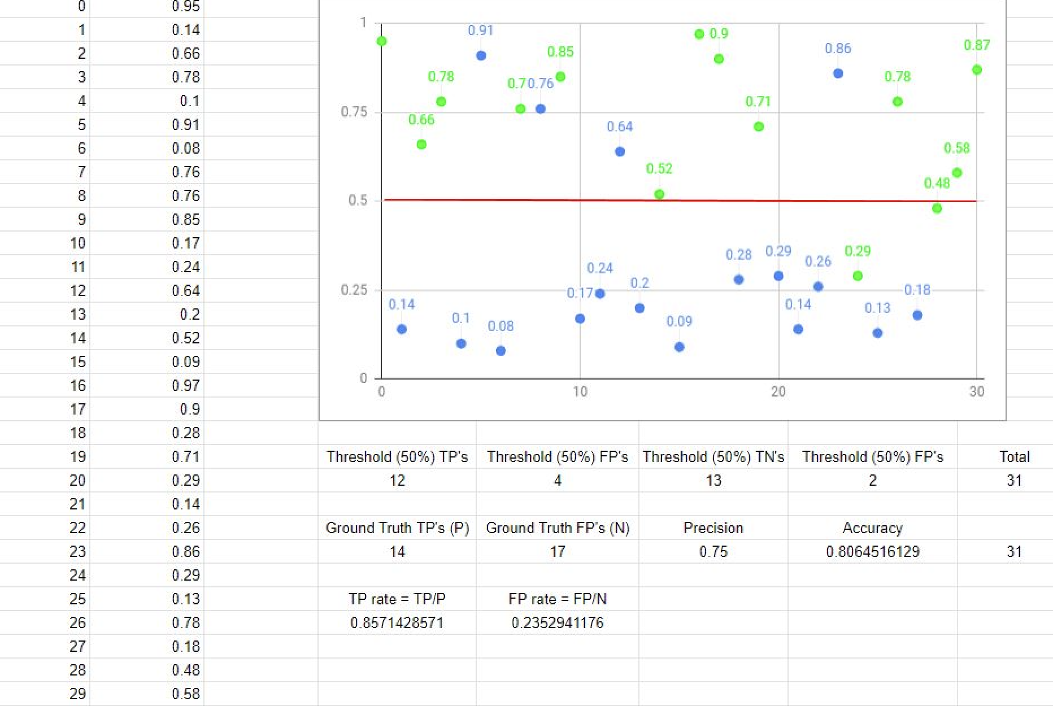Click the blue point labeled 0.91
pyautogui.click(x=481, y=55)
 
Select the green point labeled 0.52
pyautogui.click(x=659, y=194)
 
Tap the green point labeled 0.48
pyautogui.click(x=937, y=208)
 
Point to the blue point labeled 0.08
pyautogui.click(x=501, y=351)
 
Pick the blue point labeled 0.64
pyautogui.click(x=620, y=151)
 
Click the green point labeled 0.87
pyautogui.click(x=977, y=70)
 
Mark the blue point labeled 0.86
pyautogui.click(x=838, y=73)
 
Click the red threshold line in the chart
pyautogui.click(x=508, y=200)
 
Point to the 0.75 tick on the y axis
pyautogui.click(x=354, y=112)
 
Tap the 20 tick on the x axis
pyautogui.click(x=778, y=392)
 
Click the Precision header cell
pyautogui.click(x=713, y=528)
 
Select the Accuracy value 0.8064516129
pyautogui.click(x=872, y=552)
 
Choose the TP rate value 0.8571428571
pyautogui.click(x=397, y=623)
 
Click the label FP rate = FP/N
pyautogui.click(x=557, y=599)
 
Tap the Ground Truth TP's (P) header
pyautogui.click(x=397, y=528)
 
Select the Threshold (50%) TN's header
pyautogui.click(x=713, y=457)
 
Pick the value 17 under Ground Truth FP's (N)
pyautogui.click(x=557, y=552)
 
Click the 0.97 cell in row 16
pyautogui.click(x=186, y=386)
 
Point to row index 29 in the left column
pyautogui.click(x=77, y=694)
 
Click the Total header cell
pyautogui.click(x=1014, y=457)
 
